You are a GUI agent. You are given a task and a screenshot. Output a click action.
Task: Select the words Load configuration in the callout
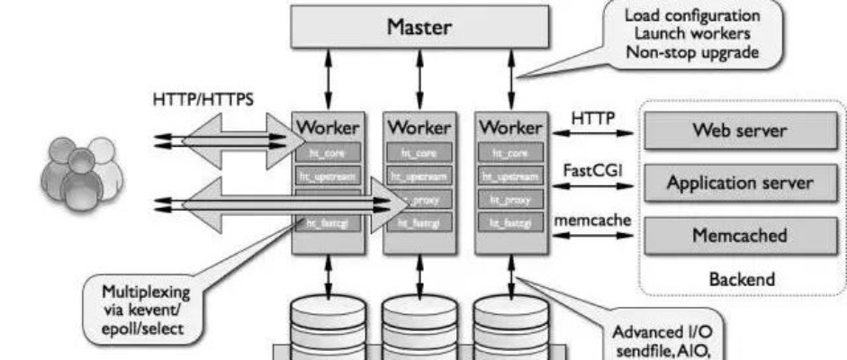coord(692,16)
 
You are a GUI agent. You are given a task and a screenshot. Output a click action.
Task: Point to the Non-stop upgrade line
coord(692,52)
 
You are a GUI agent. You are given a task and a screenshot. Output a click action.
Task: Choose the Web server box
coord(739,131)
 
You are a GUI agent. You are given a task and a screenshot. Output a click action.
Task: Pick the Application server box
coord(739,184)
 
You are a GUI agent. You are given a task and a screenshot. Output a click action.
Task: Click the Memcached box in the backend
coord(739,236)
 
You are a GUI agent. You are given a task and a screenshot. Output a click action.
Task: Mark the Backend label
coord(739,279)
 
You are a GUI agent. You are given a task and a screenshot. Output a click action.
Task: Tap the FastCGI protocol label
coord(589,168)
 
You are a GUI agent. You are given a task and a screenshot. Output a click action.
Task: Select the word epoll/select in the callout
coord(144,328)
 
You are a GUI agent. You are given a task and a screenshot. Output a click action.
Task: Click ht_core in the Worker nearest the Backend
coord(510,154)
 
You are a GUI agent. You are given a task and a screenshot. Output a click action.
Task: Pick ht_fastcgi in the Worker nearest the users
coord(329,223)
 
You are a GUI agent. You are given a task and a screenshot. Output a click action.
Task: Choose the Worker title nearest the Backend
coord(510,127)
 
